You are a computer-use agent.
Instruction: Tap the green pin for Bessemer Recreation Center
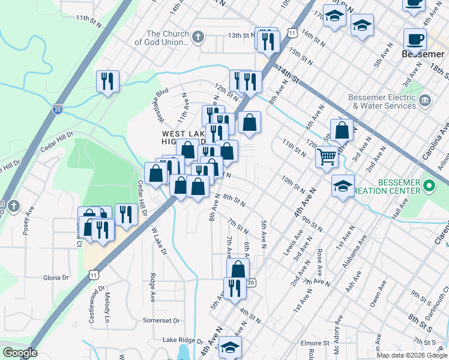click(x=429, y=186)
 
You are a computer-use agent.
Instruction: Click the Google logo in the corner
click(x=19, y=353)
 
